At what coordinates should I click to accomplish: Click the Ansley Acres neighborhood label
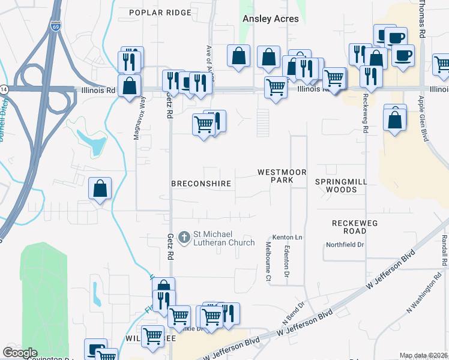[270, 19]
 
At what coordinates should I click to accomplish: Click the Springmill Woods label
[336, 185]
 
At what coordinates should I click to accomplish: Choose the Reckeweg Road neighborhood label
[349, 227]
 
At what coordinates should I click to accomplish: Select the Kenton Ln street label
[286, 237]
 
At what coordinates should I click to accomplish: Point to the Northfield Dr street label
[345, 244]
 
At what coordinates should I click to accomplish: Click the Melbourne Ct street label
[268, 263]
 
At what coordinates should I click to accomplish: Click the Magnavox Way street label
[143, 119]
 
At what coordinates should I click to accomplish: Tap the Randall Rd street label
[445, 251]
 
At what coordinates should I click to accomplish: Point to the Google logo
[20, 353]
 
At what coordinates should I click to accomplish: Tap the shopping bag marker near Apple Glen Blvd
[395, 119]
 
